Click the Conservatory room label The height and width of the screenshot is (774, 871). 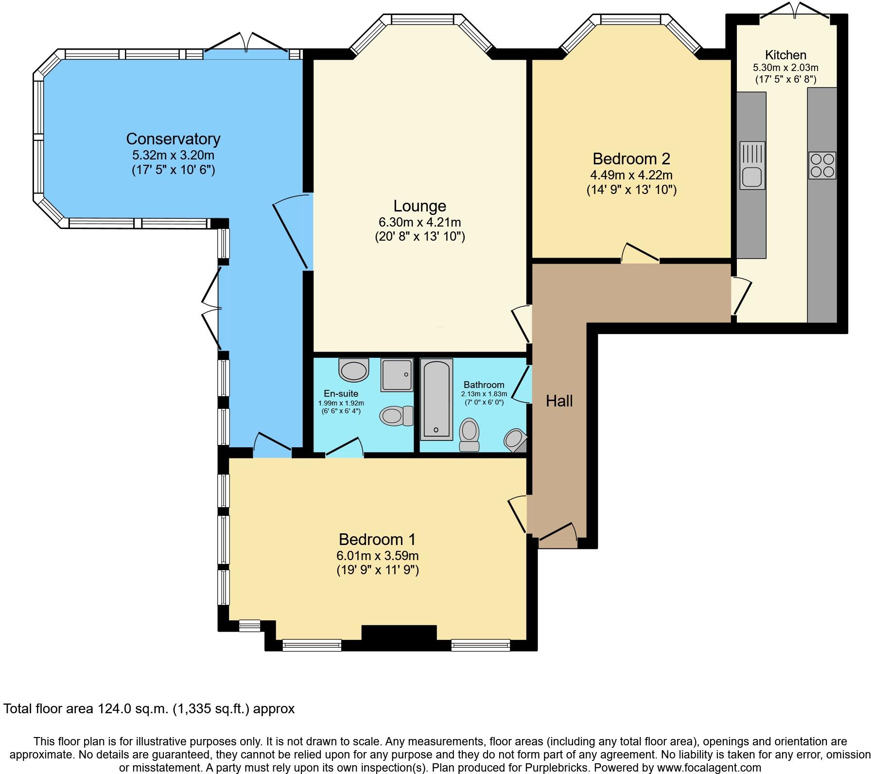tap(173, 139)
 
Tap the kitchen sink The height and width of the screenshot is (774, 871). tap(752, 165)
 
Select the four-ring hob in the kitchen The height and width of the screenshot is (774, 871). tap(822, 165)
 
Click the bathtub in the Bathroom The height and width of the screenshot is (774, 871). tap(436, 399)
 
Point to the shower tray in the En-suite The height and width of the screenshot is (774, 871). tap(397, 375)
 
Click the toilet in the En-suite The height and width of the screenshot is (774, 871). tap(396, 416)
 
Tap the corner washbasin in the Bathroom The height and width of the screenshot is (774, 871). tap(514, 440)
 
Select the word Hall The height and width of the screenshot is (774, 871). tap(559, 401)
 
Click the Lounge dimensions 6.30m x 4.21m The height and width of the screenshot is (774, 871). tap(419, 223)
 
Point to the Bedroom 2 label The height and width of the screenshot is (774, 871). tap(631, 159)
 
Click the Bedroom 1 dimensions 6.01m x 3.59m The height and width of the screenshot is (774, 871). tap(377, 556)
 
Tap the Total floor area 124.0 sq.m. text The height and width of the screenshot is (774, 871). tap(149, 709)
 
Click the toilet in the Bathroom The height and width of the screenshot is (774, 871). tap(470, 435)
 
